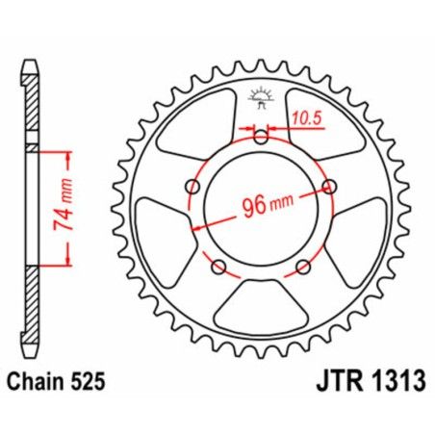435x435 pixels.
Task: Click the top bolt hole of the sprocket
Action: (261, 136)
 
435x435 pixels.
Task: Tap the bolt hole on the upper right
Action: (329, 186)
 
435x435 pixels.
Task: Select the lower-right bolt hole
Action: (303, 266)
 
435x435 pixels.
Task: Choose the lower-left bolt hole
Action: (218, 266)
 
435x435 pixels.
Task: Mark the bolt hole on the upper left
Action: (192, 186)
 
